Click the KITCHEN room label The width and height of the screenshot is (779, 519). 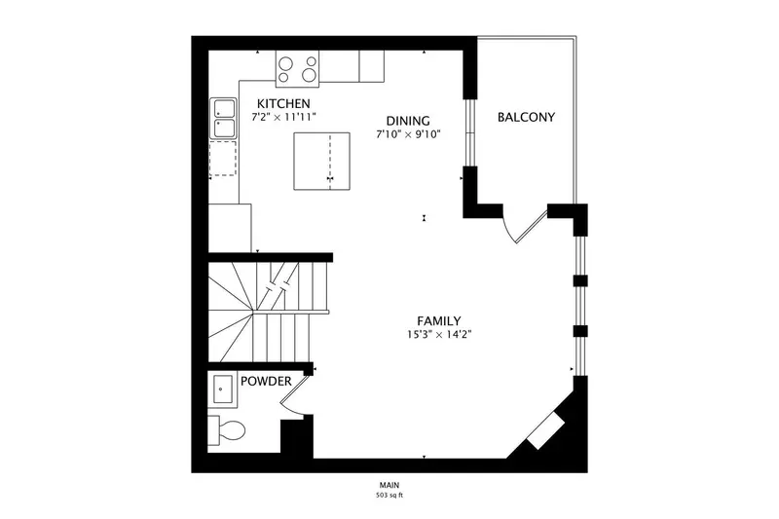283,104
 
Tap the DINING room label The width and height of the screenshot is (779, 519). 408,121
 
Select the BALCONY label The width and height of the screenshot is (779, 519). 526,117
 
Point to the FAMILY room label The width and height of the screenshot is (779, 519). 439,320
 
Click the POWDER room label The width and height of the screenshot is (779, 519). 266,382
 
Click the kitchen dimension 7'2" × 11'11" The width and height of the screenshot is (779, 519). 283,117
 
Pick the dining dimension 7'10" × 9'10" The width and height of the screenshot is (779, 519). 408,134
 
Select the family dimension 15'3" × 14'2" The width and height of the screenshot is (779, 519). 439,334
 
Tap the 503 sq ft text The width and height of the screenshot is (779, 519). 389,496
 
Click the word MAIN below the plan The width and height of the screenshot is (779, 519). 389,485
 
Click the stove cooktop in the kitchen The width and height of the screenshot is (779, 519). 298,69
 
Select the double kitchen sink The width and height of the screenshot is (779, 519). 224,118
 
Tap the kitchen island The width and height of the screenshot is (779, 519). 322,161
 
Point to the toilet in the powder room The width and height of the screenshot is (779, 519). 227,430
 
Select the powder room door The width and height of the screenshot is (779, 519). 294,393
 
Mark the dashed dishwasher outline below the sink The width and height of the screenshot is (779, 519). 223,159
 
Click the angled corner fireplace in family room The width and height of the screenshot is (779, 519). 545,430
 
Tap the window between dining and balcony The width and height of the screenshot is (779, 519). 470,132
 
